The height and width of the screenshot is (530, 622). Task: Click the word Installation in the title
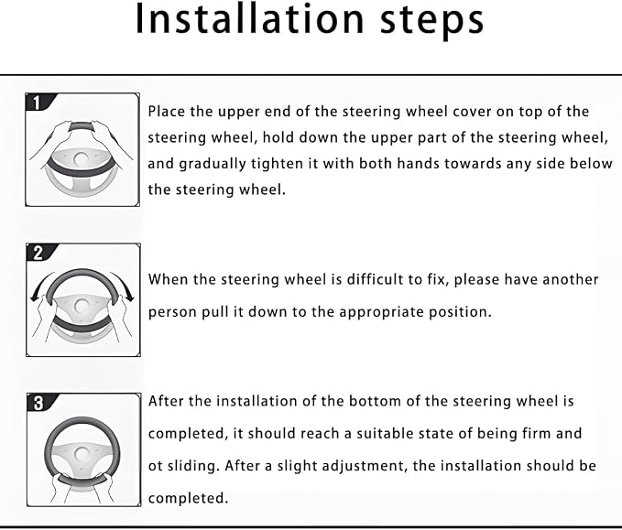tap(249, 18)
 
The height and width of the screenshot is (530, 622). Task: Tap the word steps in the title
tap(432, 21)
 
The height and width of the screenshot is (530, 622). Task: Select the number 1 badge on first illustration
tap(37, 103)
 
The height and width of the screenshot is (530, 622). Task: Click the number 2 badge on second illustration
tap(38, 253)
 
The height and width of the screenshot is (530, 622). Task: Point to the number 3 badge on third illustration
tap(38, 403)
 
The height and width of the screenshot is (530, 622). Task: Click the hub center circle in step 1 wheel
tap(82, 159)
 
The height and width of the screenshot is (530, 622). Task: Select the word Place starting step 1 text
tap(167, 112)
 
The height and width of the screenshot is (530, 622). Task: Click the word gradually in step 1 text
tap(213, 164)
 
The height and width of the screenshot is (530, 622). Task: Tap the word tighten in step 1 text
tap(278, 164)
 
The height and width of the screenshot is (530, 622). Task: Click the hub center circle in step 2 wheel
tap(82, 306)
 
